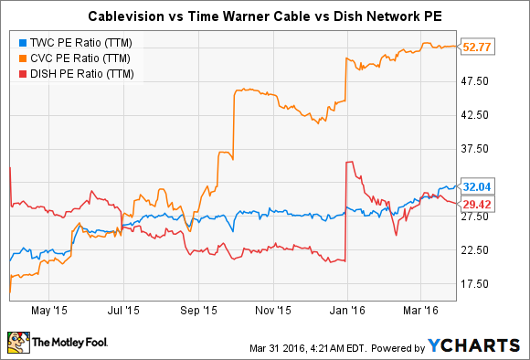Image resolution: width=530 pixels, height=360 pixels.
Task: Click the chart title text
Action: coord(264,16)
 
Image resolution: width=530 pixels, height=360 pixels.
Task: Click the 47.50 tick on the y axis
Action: coord(482,81)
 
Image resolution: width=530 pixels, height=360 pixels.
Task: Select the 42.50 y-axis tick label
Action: coord(482,115)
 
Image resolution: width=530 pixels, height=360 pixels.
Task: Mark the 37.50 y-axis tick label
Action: coord(482,149)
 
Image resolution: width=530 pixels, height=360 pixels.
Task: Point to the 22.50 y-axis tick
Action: coord(482,249)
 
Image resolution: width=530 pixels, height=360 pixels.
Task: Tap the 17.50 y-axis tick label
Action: coord(482,283)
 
